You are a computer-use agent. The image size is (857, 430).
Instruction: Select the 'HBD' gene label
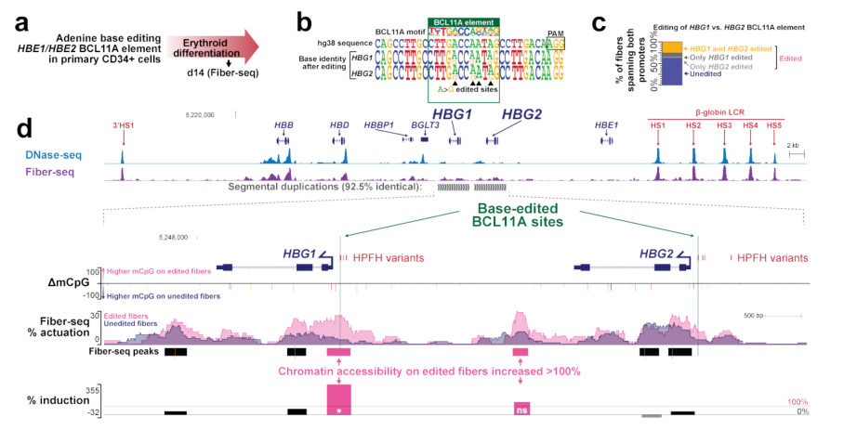[x=339, y=124]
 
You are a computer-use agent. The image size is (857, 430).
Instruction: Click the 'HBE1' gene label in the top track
[x=608, y=124]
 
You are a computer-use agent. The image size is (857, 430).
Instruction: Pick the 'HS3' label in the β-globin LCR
[x=721, y=125]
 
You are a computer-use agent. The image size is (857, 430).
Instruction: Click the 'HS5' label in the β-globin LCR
[x=774, y=125]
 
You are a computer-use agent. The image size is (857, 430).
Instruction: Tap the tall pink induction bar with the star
[x=338, y=399]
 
